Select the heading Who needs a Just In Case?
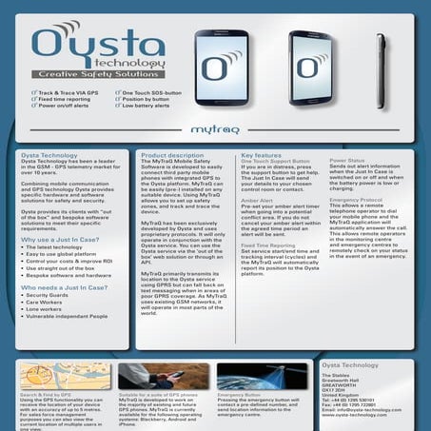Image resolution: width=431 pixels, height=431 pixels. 59,284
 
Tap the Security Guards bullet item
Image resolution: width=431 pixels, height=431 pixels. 51,296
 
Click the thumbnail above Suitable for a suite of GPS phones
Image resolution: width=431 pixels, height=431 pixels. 162,375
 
